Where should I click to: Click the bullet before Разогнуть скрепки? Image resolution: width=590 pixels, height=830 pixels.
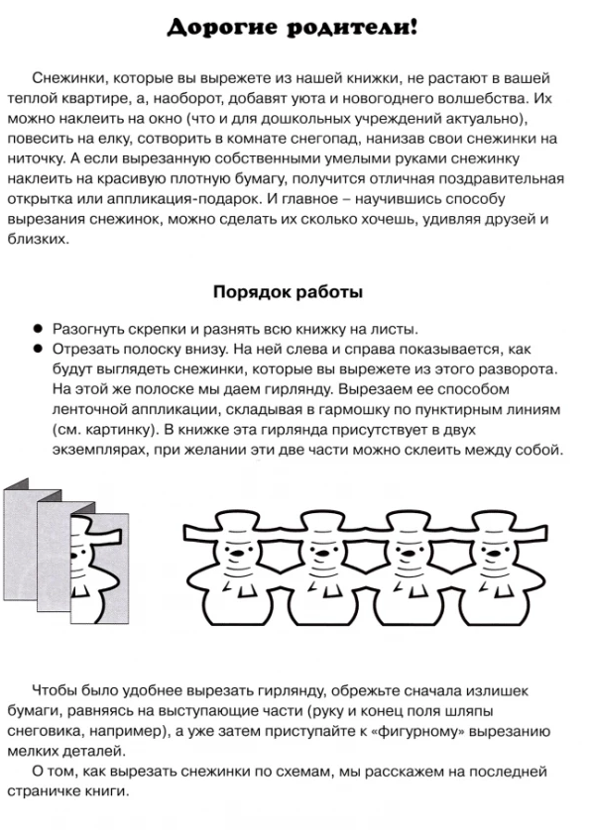click(x=37, y=329)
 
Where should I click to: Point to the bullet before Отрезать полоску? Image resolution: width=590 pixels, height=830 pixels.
click(x=37, y=349)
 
